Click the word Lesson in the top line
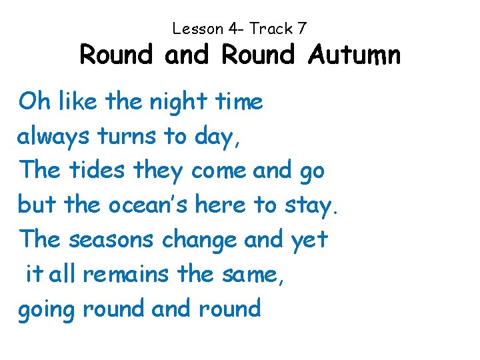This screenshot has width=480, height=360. click(198, 29)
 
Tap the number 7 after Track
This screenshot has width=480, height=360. click(302, 29)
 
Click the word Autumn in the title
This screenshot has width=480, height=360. click(355, 55)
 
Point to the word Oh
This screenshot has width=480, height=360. click(33, 102)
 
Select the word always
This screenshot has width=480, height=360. click(54, 137)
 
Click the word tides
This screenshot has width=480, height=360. click(97, 171)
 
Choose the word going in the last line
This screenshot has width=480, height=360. click(46, 309)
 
